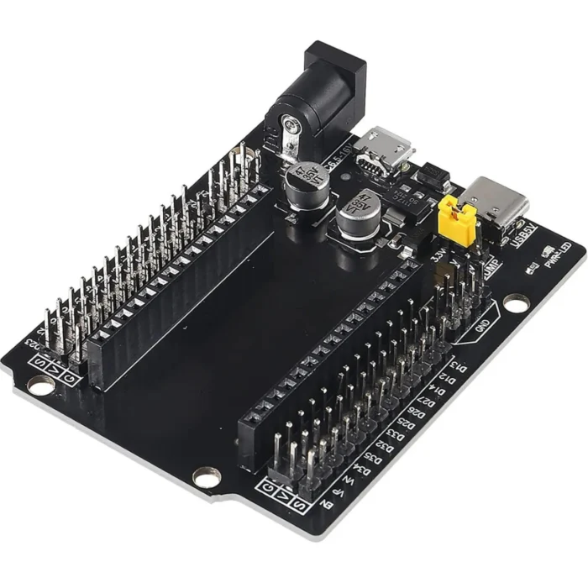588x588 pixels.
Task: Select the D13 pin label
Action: coord(459,367)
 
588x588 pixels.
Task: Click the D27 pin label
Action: coord(428,401)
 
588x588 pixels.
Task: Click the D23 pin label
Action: coord(34,343)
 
